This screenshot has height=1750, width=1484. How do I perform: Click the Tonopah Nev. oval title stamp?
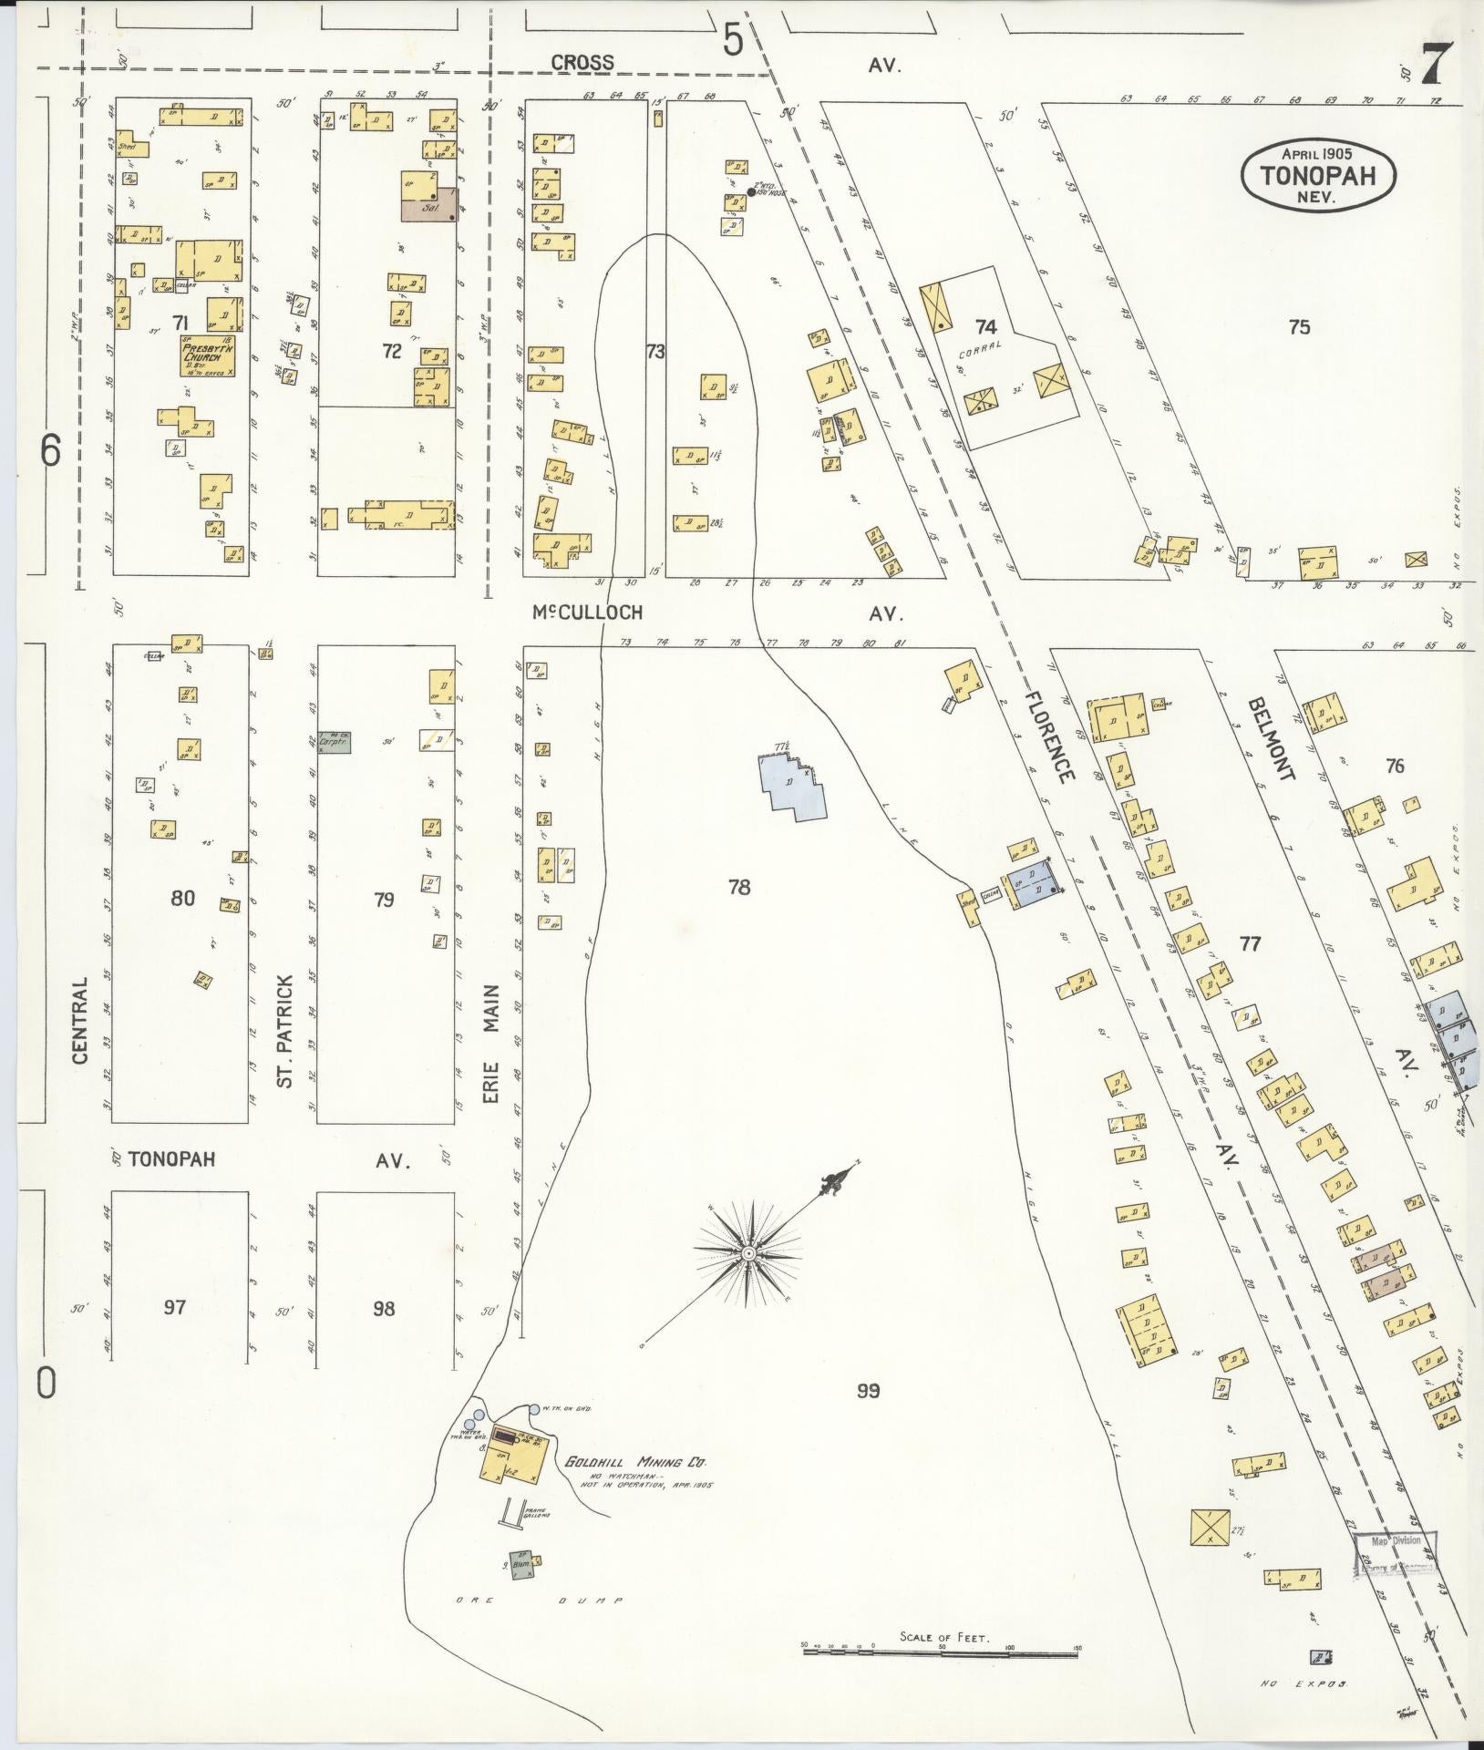(1318, 177)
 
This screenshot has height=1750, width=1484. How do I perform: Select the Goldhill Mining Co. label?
(635, 1462)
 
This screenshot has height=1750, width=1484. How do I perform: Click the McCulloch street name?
(588, 612)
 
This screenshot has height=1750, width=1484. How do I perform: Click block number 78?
(739, 885)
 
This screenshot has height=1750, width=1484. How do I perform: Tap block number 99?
(868, 1391)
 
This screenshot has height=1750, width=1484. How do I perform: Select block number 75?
(1299, 327)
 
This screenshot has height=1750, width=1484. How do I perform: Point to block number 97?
(175, 1308)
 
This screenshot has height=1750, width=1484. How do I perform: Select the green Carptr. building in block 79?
(335, 742)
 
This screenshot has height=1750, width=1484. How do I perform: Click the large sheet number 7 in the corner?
(1438, 66)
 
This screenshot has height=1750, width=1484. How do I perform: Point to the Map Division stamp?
(1395, 1541)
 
